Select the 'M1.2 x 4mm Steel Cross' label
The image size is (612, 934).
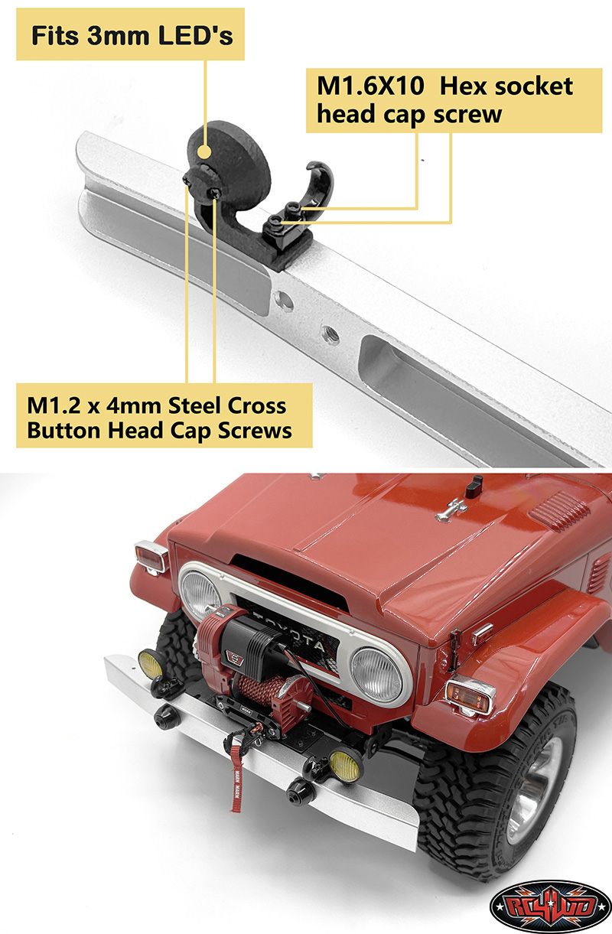tap(157, 405)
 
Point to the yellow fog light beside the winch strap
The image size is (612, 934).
tap(346, 766)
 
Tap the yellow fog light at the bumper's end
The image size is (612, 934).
tap(151, 663)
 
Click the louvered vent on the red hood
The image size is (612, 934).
tap(561, 511)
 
